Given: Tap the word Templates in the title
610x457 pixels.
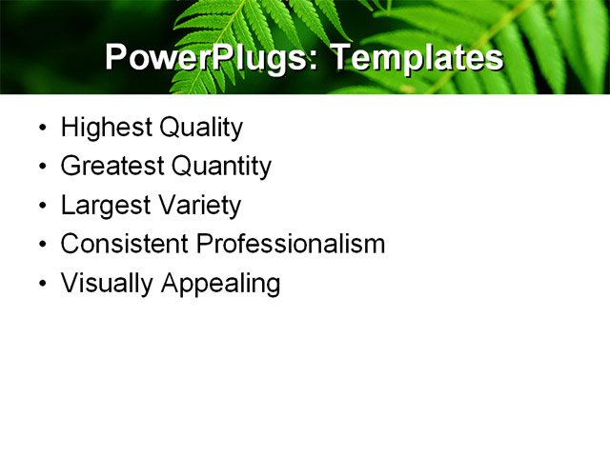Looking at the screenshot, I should coord(417,58).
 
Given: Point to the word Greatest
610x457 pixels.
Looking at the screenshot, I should coord(112,167).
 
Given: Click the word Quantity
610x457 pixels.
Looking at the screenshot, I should coord(221,167).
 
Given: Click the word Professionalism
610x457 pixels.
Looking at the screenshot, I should coord(291,244).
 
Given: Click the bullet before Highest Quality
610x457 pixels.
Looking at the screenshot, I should coord(42,129).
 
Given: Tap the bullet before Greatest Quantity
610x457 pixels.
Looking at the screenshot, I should coord(42,168).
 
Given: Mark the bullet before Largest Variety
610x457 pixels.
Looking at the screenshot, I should coord(42,207).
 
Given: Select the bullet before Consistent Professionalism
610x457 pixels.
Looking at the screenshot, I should coord(42,245).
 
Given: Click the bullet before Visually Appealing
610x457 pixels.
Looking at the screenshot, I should coord(42,285).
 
